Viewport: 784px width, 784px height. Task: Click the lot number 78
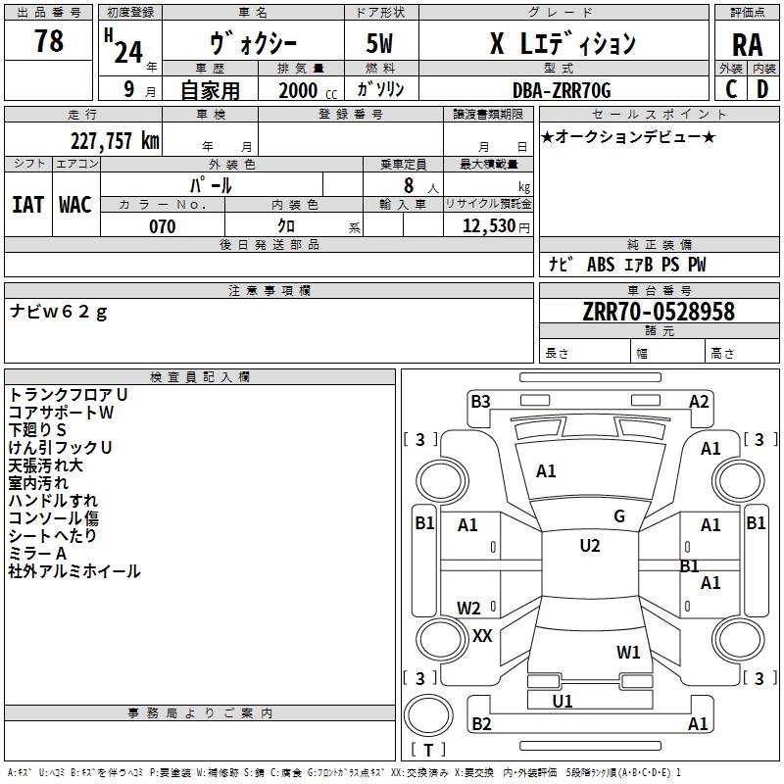[49, 40]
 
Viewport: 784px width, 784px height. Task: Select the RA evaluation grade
[747, 45]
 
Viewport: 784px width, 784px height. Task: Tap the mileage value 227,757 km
[115, 140]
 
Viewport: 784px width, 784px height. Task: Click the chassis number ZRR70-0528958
[659, 312]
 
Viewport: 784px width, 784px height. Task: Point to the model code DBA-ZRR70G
[562, 90]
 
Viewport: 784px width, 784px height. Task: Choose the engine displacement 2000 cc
[308, 90]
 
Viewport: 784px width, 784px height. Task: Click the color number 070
[163, 226]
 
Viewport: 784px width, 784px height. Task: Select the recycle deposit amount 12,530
[489, 226]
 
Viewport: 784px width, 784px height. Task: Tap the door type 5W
[379, 43]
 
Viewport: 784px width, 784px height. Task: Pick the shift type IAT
[28, 205]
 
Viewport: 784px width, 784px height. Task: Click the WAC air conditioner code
[75, 205]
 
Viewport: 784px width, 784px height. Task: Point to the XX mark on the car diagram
[482, 635]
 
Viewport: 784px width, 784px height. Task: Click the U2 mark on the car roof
[590, 546]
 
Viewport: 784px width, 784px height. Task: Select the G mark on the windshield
[619, 516]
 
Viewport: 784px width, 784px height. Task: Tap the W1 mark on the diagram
[628, 652]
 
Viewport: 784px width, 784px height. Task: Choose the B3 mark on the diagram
[480, 402]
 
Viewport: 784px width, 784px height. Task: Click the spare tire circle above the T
[428, 716]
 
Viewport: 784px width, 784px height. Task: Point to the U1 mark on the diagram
[562, 701]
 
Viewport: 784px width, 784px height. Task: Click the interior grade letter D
[762, 89]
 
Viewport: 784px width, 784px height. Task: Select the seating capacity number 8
[409, 185]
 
